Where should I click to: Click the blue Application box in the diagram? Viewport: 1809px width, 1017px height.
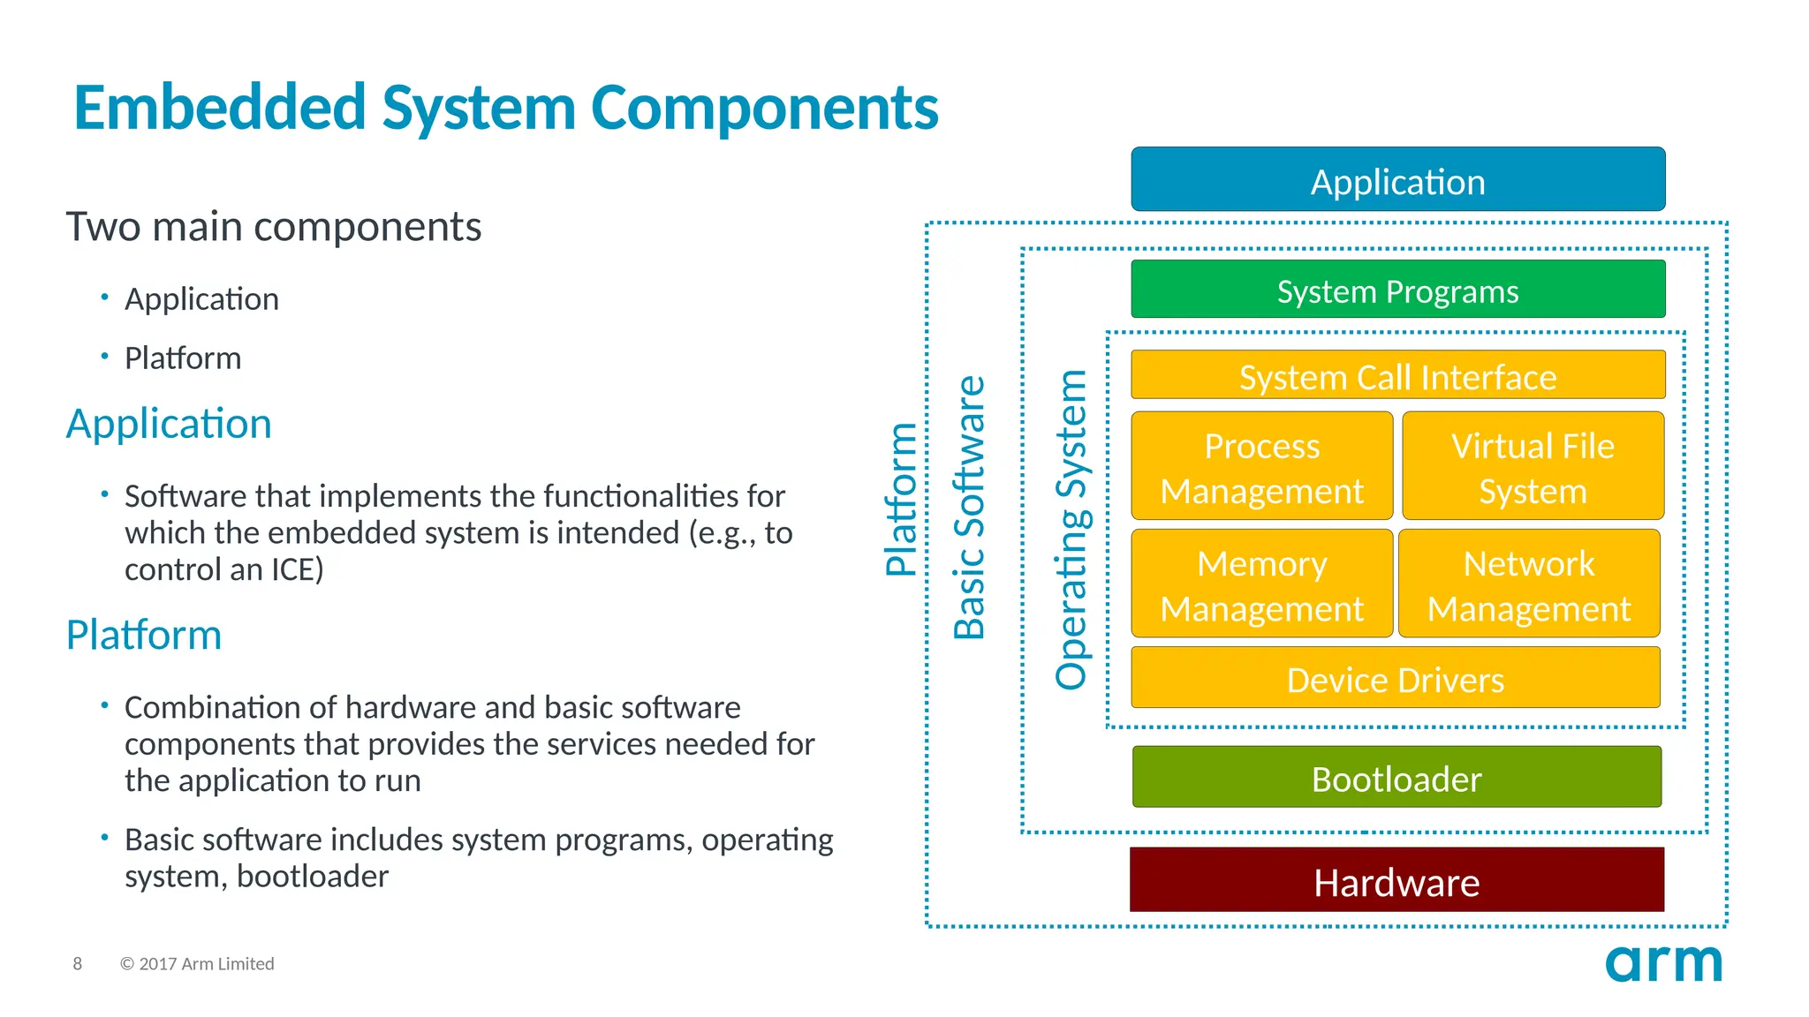1397,179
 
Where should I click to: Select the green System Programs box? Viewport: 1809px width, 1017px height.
1397,290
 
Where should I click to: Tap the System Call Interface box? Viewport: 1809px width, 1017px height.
1397,375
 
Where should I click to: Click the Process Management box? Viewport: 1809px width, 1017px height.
1261,466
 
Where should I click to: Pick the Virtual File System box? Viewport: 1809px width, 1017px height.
1533,466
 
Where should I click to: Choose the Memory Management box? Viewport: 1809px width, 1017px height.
1261,584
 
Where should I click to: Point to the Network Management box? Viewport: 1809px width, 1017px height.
1528,584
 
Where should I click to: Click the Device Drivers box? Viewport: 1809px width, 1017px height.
1395,678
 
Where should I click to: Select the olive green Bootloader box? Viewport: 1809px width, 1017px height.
1396,777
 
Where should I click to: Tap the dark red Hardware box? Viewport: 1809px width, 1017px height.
1396,880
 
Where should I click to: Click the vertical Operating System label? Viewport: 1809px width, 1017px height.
1071,530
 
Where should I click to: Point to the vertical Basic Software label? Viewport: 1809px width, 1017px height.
969,508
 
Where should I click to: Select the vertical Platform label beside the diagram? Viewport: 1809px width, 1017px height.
901,500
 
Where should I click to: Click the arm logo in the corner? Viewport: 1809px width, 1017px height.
1662,962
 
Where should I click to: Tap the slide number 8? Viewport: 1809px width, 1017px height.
78,963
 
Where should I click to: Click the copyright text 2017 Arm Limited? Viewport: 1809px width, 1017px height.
198,963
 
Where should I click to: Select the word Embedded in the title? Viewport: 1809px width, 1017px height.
219,108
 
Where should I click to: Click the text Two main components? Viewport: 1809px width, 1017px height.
274,227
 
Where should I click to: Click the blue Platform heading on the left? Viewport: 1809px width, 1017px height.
144,635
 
